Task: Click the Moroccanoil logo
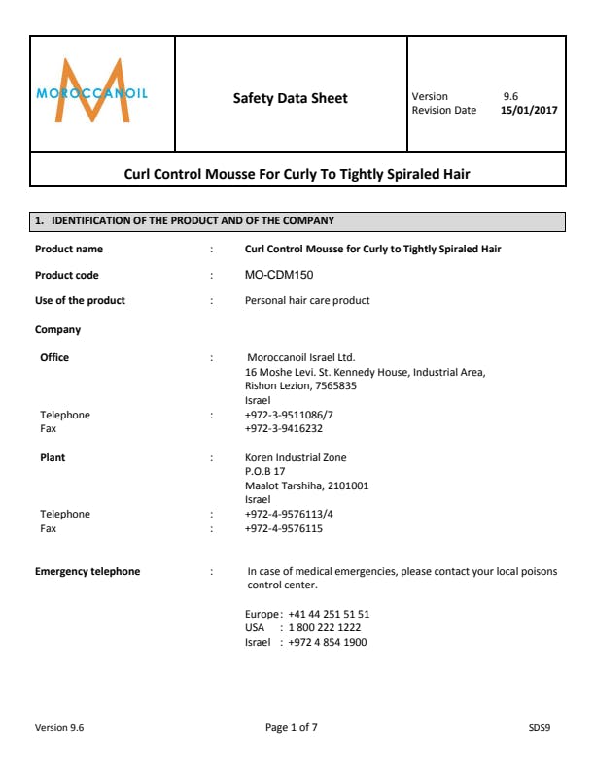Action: coord(92,92)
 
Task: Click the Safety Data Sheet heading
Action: coord(290,98)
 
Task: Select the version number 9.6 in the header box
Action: coord(510,97)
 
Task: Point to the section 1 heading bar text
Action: coord(185,222)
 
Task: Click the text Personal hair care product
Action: coord(307,301)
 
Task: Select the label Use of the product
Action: coord(80,301)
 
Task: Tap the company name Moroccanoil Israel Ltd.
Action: coord(302,357)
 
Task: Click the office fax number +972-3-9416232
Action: coord(284,428)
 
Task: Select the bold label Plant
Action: coord(52,457)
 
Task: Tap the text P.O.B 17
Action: coord(265,471)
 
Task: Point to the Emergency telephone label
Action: coord(87,572)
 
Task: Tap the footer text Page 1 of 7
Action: coord(292,727)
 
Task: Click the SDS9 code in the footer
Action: coord(540,727)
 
